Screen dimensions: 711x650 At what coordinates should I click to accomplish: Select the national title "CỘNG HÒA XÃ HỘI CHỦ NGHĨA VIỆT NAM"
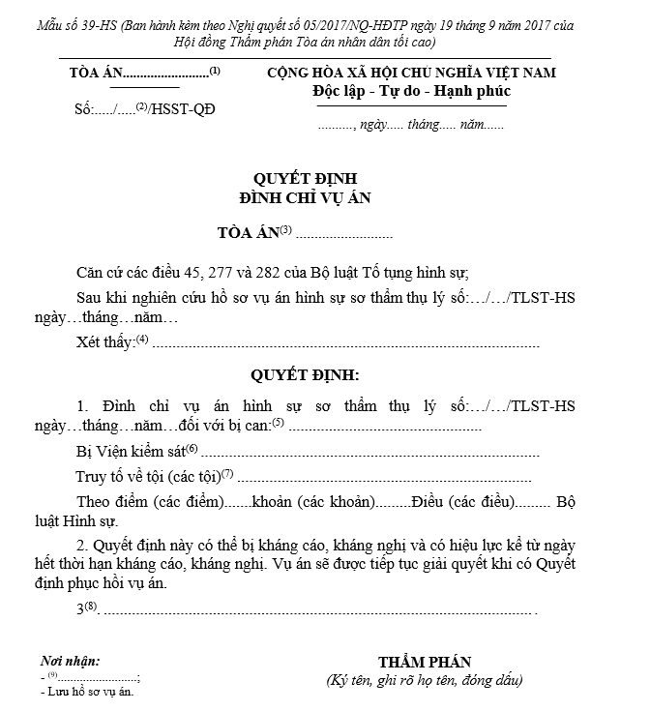click(x=412, y=74)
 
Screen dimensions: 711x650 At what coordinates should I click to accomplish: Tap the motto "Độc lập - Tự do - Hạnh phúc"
click(x=412, y=91)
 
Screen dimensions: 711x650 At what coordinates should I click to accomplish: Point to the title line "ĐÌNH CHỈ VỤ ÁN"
click(x=306, y=197)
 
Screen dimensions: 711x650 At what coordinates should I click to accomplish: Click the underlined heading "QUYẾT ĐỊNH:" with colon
click(x=306, y=373)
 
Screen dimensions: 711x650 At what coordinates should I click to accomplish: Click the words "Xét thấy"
click(x=105, y=342)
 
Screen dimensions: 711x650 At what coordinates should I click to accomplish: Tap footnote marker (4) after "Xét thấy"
click(x=142, y=339)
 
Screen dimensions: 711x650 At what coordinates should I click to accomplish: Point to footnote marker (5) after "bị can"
click(x=278, y=423)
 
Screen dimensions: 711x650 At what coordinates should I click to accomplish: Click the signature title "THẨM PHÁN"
click(x=425, y=663)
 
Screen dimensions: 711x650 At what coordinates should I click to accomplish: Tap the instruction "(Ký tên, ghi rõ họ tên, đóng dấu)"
click(x=425, y=681)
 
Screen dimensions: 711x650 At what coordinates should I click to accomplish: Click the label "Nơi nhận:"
click(x=71, y=662)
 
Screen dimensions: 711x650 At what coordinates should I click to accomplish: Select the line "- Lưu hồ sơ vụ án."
click(x=87, y=692)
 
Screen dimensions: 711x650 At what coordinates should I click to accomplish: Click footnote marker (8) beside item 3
click(x=92, y=607)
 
